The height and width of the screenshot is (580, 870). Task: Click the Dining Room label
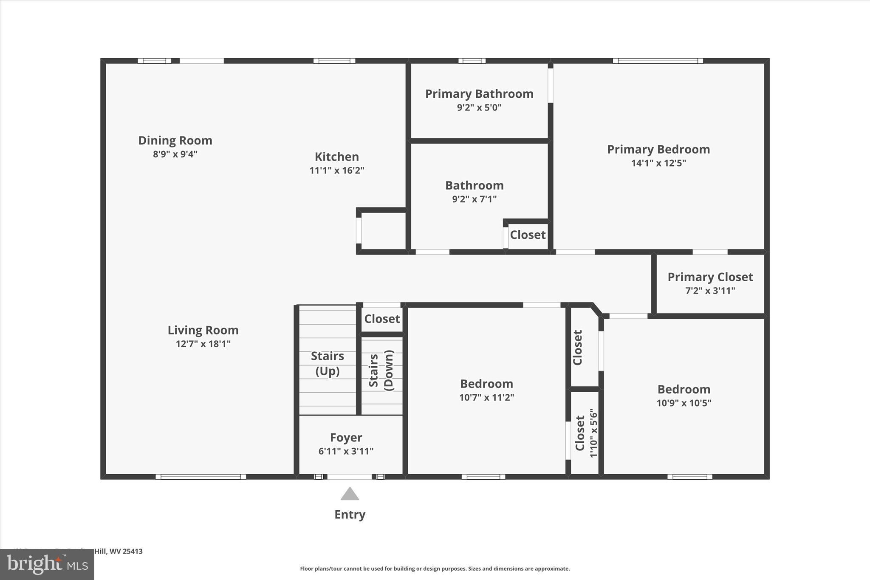pyautogui.click(x=175, y=140)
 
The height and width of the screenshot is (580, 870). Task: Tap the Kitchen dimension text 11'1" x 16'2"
pyautogui.click(x=336, y=170)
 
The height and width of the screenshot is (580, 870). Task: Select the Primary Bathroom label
pyautogui.click(x=479, y=94)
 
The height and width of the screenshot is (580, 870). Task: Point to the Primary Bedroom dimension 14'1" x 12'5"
pyautogui.click(x=658, y=163)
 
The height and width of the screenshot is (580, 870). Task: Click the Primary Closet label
pyautogui.click(x=710, y=277)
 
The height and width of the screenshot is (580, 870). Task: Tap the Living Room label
pyautogui.click(x=203, y=330)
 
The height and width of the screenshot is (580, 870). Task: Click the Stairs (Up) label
pyautogui.click(x=327, y=363)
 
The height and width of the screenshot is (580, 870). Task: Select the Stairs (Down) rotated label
pyautogui.click(x=381, y=370)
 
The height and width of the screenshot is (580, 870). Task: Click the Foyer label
pyautogui.click(x=346, y=437)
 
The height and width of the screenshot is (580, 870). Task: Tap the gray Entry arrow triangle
pyautogui.click(x=350, y=494)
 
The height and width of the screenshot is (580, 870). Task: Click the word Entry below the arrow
pyautogui.click(x=350, y=515)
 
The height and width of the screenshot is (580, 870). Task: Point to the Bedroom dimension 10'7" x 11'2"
pyautogui.click(x=486, y=398)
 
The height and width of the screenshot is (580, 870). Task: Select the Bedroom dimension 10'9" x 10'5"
pyautogui.click(x=684, y=403)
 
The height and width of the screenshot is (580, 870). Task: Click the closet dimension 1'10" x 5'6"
pyautogui.click(x=593, y=433)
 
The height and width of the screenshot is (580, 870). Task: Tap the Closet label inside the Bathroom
pyautogui.click(x=528, y=235)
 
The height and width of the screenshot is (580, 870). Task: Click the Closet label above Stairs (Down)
pyautogui.click(x=381, y=319)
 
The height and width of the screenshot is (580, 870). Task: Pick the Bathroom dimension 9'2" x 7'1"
pyautogui.click(x=474, y=199)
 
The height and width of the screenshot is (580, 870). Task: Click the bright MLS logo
pyautogui.click(x=47, y=564)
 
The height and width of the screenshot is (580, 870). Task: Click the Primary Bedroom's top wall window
pyautogui.click(x=658, y=61)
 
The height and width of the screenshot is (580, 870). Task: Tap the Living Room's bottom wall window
pyautogui.click(x=201, y=477)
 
